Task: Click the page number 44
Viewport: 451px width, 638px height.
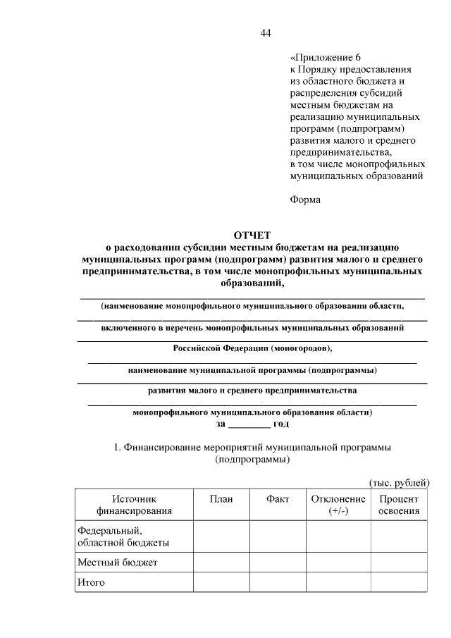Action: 265,32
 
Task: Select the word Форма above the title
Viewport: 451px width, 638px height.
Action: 304,200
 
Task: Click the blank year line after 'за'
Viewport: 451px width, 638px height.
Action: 249,424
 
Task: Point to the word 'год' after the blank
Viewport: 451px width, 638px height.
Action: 282,424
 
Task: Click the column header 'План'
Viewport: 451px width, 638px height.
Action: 221,498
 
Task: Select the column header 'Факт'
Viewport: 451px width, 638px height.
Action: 278,498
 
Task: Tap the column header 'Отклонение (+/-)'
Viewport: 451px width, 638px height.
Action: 338,504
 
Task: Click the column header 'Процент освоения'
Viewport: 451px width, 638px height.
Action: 399,504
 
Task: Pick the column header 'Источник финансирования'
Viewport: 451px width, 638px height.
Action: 134,504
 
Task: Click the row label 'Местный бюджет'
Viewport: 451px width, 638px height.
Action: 117,562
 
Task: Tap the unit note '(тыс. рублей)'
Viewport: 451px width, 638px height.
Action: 400,482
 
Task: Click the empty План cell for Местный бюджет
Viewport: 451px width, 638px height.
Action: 221,562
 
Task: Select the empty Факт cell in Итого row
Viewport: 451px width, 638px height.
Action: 278,582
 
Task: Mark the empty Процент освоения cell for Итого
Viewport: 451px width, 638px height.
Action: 399,582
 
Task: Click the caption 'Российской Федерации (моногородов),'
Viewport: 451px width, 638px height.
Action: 252,348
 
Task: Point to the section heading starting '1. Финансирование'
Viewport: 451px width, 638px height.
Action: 252,453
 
